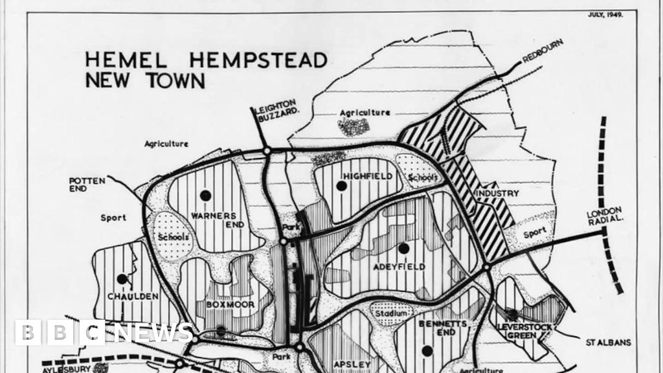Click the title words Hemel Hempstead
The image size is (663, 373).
(206, 60)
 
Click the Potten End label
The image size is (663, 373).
(86, 185)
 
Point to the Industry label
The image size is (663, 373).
(497, 193)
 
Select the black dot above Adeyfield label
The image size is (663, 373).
(404, 247)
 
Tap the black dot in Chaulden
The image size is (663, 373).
(122, 279)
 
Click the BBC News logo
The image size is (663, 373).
(104, 332)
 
